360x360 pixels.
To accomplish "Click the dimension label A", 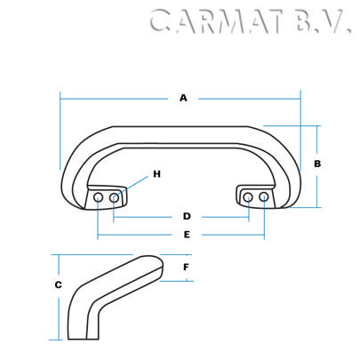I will point(183,98).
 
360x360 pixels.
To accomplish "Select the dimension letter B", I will point(317,164).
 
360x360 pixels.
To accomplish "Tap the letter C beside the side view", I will point(58,285).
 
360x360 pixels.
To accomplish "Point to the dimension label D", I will point(187,216).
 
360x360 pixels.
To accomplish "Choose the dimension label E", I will point(187,235).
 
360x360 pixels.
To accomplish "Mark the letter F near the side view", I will point(186,267).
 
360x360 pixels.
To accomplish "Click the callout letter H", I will point(156,174).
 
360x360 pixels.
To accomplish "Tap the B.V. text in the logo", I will point(320,21).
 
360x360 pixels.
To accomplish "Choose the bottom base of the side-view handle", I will point(85,336).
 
